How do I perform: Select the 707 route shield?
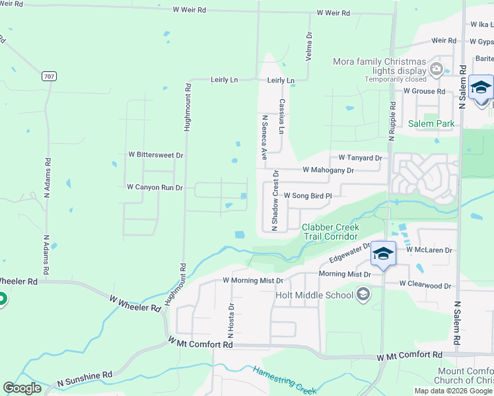coord(48,77)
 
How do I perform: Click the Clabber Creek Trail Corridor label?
coord(330,232)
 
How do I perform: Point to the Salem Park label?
coord(431,123)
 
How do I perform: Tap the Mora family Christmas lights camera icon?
coord(436,69)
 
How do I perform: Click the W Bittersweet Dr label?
coord(155,154)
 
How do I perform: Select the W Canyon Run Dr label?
coord(155,187)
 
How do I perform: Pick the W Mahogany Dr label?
coord(328,170)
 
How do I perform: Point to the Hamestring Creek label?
coord(286,379)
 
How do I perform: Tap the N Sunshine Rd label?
coord(85,378)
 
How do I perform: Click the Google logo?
coord(22,388)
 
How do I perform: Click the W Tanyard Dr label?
coord(360,158)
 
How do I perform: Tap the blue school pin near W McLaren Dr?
coord(383,253)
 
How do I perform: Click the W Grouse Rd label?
coord(424,90)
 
